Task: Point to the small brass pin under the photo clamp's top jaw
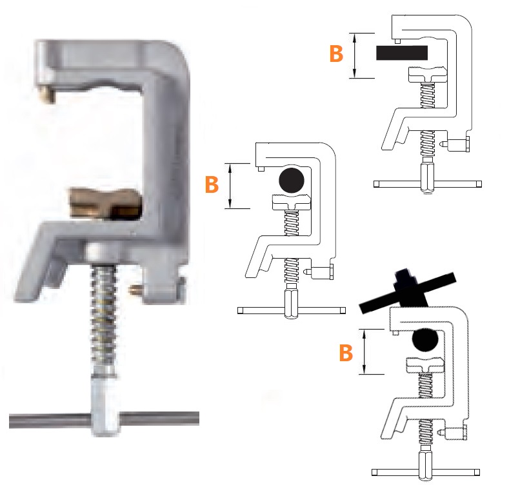[46, 94]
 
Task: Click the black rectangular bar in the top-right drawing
[401, 53]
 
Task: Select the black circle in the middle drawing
[291, 180]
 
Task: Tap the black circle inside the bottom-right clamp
[424, 339]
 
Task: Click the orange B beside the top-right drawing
[336, 54]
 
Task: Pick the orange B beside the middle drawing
[212, 184]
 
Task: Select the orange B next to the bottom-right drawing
[346, 353]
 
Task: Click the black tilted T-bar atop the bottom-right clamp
[408, 293]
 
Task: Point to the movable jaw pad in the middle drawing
[291, 203]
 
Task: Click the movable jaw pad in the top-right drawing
[428, 74]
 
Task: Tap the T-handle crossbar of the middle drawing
[291, 311]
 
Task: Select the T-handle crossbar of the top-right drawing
[428, 184]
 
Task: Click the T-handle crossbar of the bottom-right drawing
[426, 472]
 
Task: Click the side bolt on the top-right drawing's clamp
[456, 144]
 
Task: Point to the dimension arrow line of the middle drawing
[230, 186]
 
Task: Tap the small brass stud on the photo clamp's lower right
[134, 289]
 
